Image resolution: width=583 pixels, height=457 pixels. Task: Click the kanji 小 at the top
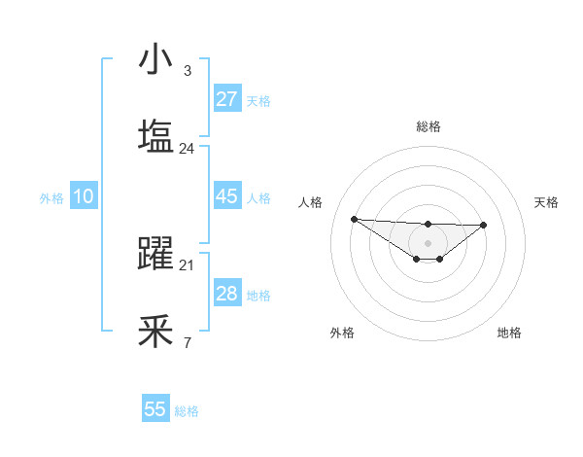(155, 60)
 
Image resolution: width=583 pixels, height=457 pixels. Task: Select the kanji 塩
(155, 137)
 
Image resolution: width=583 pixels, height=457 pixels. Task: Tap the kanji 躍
(155, 255)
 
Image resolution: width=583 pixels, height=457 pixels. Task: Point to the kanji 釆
(155, 332)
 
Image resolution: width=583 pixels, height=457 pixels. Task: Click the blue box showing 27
(226, 99)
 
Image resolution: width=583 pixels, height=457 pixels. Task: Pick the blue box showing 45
(226, 196)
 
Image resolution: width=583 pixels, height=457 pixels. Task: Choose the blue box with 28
(226, 294)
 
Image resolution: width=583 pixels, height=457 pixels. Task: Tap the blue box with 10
(83, 196)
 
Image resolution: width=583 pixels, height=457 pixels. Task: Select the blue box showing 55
(155, 409)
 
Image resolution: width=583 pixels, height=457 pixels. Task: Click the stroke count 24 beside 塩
(187, 149)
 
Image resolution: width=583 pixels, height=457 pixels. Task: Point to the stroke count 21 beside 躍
(187, 264)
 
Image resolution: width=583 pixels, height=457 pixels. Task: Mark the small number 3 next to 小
(187, 71)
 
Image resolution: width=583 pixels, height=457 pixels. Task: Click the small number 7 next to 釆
(187, 342)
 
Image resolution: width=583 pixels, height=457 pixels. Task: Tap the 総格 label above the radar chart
(428, 126)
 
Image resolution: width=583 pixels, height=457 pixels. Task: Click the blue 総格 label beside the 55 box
(187, 411)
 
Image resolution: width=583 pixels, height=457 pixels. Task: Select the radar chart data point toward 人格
(354, 219)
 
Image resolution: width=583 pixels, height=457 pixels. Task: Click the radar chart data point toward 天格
(484, 225)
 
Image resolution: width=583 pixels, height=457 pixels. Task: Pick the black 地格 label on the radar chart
(509, 333)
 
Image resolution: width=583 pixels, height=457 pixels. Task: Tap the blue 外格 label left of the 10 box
(51, 198)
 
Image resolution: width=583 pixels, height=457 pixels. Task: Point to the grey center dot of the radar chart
(428, 242)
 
